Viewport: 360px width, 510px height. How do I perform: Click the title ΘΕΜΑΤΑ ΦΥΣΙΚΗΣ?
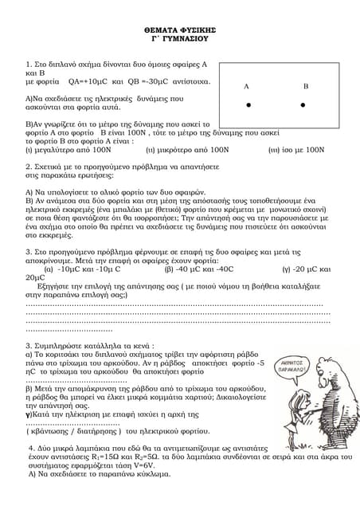point(179,28)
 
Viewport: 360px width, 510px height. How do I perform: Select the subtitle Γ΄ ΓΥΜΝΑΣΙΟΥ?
point(179,37)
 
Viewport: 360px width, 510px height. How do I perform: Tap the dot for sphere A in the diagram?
point(248,104)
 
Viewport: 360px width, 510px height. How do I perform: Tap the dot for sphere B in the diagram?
point(303,104)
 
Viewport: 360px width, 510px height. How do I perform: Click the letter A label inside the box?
point(247,85)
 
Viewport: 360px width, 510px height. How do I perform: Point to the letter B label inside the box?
point(305,85)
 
